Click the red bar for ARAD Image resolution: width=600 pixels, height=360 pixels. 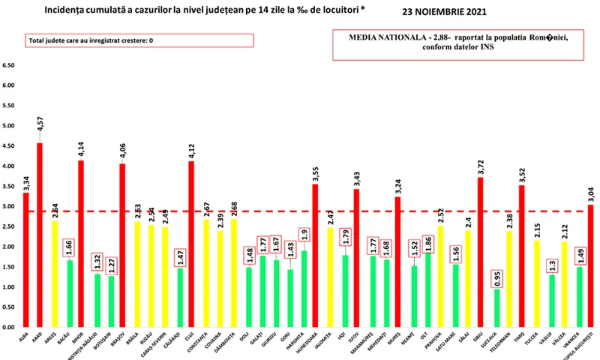click(39, 235)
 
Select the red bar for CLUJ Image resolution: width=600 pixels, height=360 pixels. click(192, 244)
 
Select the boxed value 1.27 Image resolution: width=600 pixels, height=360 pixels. click(112, 264)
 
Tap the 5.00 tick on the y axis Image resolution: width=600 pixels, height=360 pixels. click(10, 125)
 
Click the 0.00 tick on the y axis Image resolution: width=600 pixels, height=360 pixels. click(10, 327)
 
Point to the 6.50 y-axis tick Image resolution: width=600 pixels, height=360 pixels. click(10, 65)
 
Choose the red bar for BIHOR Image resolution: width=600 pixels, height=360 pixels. click(81, 244)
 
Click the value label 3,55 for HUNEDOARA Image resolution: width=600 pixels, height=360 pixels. click(315, 169)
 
